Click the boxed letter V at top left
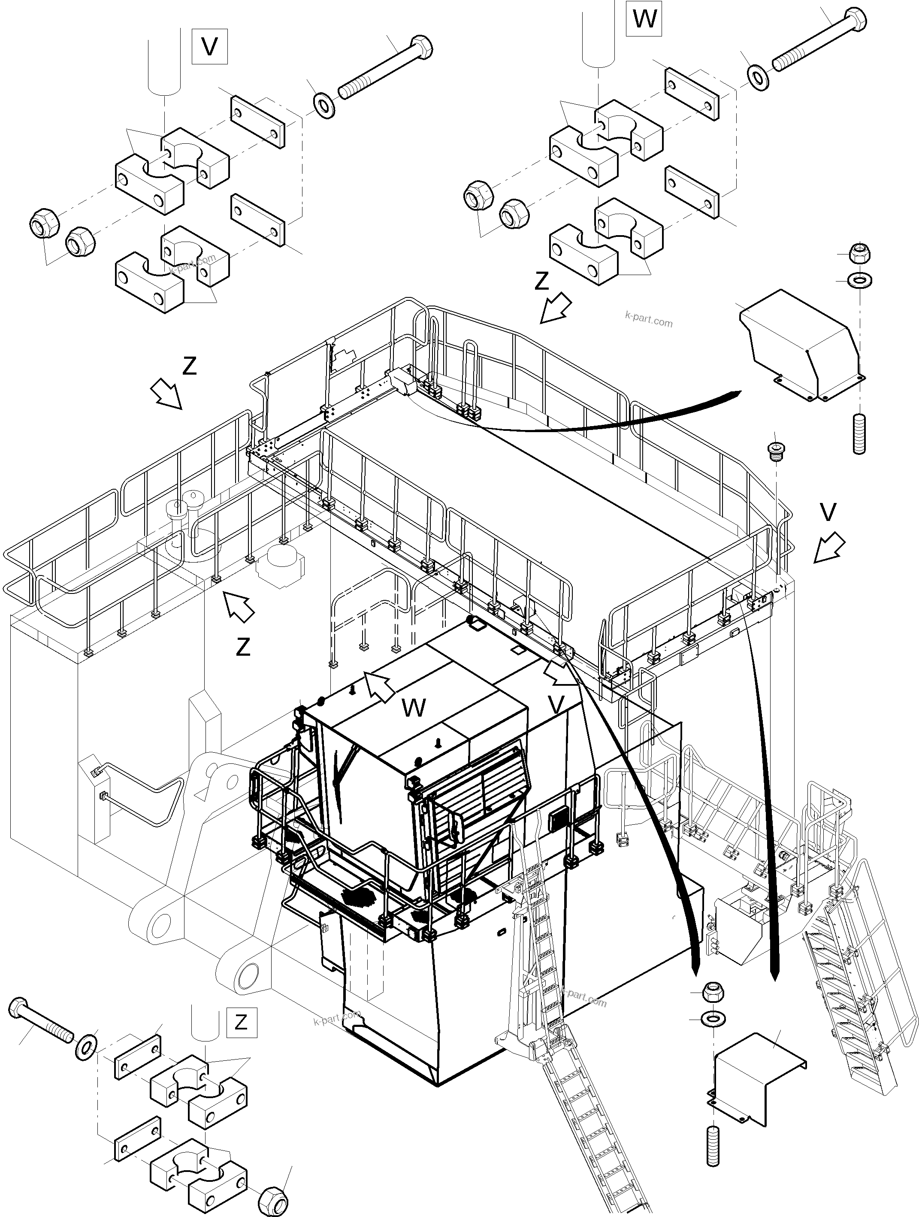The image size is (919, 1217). (209, 47)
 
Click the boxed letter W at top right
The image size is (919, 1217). (644, 19)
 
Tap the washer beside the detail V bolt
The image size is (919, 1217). (324, 105)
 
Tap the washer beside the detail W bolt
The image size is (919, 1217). (759, 78)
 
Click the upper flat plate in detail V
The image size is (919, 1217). (258, 122)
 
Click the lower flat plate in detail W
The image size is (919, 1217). (692, 191)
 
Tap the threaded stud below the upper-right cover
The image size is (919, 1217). (859, 435)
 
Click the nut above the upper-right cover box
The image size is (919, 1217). (859, 254)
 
